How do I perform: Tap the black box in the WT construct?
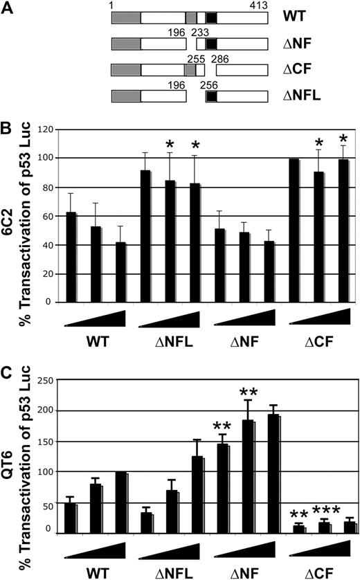coord(211,18)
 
